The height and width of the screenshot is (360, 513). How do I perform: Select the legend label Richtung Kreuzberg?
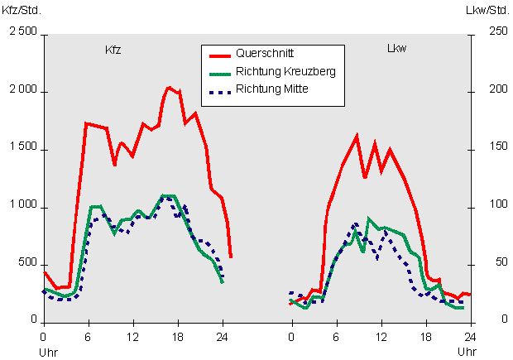coord(285,71)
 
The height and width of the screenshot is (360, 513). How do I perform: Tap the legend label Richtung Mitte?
coord(271,89)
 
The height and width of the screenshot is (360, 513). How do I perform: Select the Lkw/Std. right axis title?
coord(487,11)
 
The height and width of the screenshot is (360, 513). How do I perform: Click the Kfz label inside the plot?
coord(113,50)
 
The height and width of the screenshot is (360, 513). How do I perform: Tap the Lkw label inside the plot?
coord(397,49)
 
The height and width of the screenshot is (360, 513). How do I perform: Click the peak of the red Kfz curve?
coord(168,87)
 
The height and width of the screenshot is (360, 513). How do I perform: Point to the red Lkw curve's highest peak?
coord(357,135)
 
